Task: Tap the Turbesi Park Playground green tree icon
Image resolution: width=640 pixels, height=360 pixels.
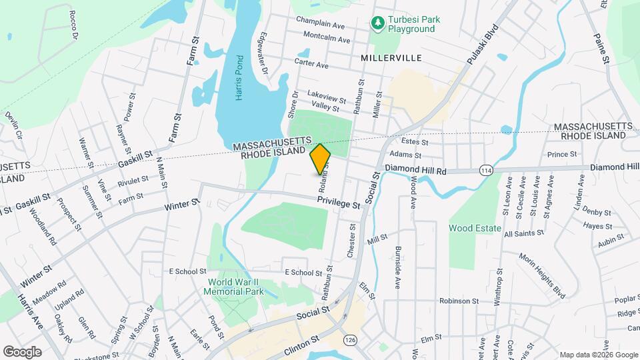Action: coord(378,24)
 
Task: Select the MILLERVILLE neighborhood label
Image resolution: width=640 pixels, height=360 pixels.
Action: coord(391,58)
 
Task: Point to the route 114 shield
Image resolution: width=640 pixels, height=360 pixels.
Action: coord(487,171)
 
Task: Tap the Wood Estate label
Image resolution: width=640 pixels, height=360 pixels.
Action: coord(475,228)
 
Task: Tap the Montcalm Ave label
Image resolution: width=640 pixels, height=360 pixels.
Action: coord(326,39)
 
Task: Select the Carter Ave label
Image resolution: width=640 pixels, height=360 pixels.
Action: coord(313,65)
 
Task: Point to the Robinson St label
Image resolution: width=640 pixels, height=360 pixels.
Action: coord(459,301)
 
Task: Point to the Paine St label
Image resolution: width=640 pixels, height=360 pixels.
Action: coord(602,51)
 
